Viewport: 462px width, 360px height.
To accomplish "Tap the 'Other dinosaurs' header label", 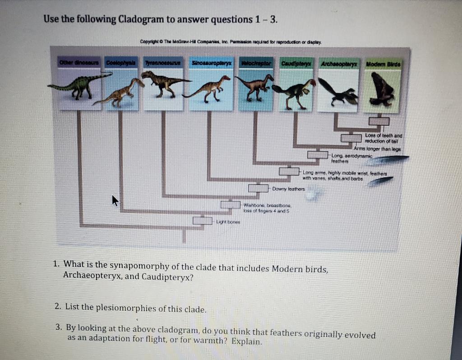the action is point(75,62).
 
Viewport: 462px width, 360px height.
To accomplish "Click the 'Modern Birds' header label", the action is point(382,63).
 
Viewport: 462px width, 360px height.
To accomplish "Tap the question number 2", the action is point(57,307).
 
